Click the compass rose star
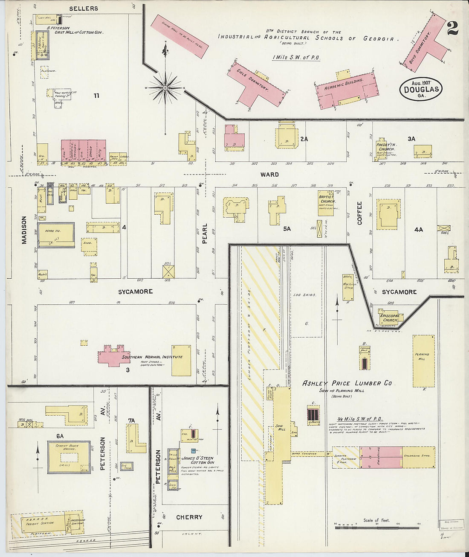[x=165, y=88]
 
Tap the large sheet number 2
[x=452, y=28]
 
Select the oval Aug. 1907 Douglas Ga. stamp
[x=421, y=89]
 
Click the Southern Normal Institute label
[x=152, y=357]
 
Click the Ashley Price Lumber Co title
[x=347, y=383]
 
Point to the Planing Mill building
[x=423, y=361]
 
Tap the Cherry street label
[x=189, y=517]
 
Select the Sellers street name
[x=84, y=8]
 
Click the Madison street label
[x=24, y=230]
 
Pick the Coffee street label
[x=359, y=213]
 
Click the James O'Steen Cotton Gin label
[x=197, y=460]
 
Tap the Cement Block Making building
[x=69, y=457]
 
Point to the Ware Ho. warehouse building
[x=56, y=234]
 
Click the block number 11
[x=96, y=96]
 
